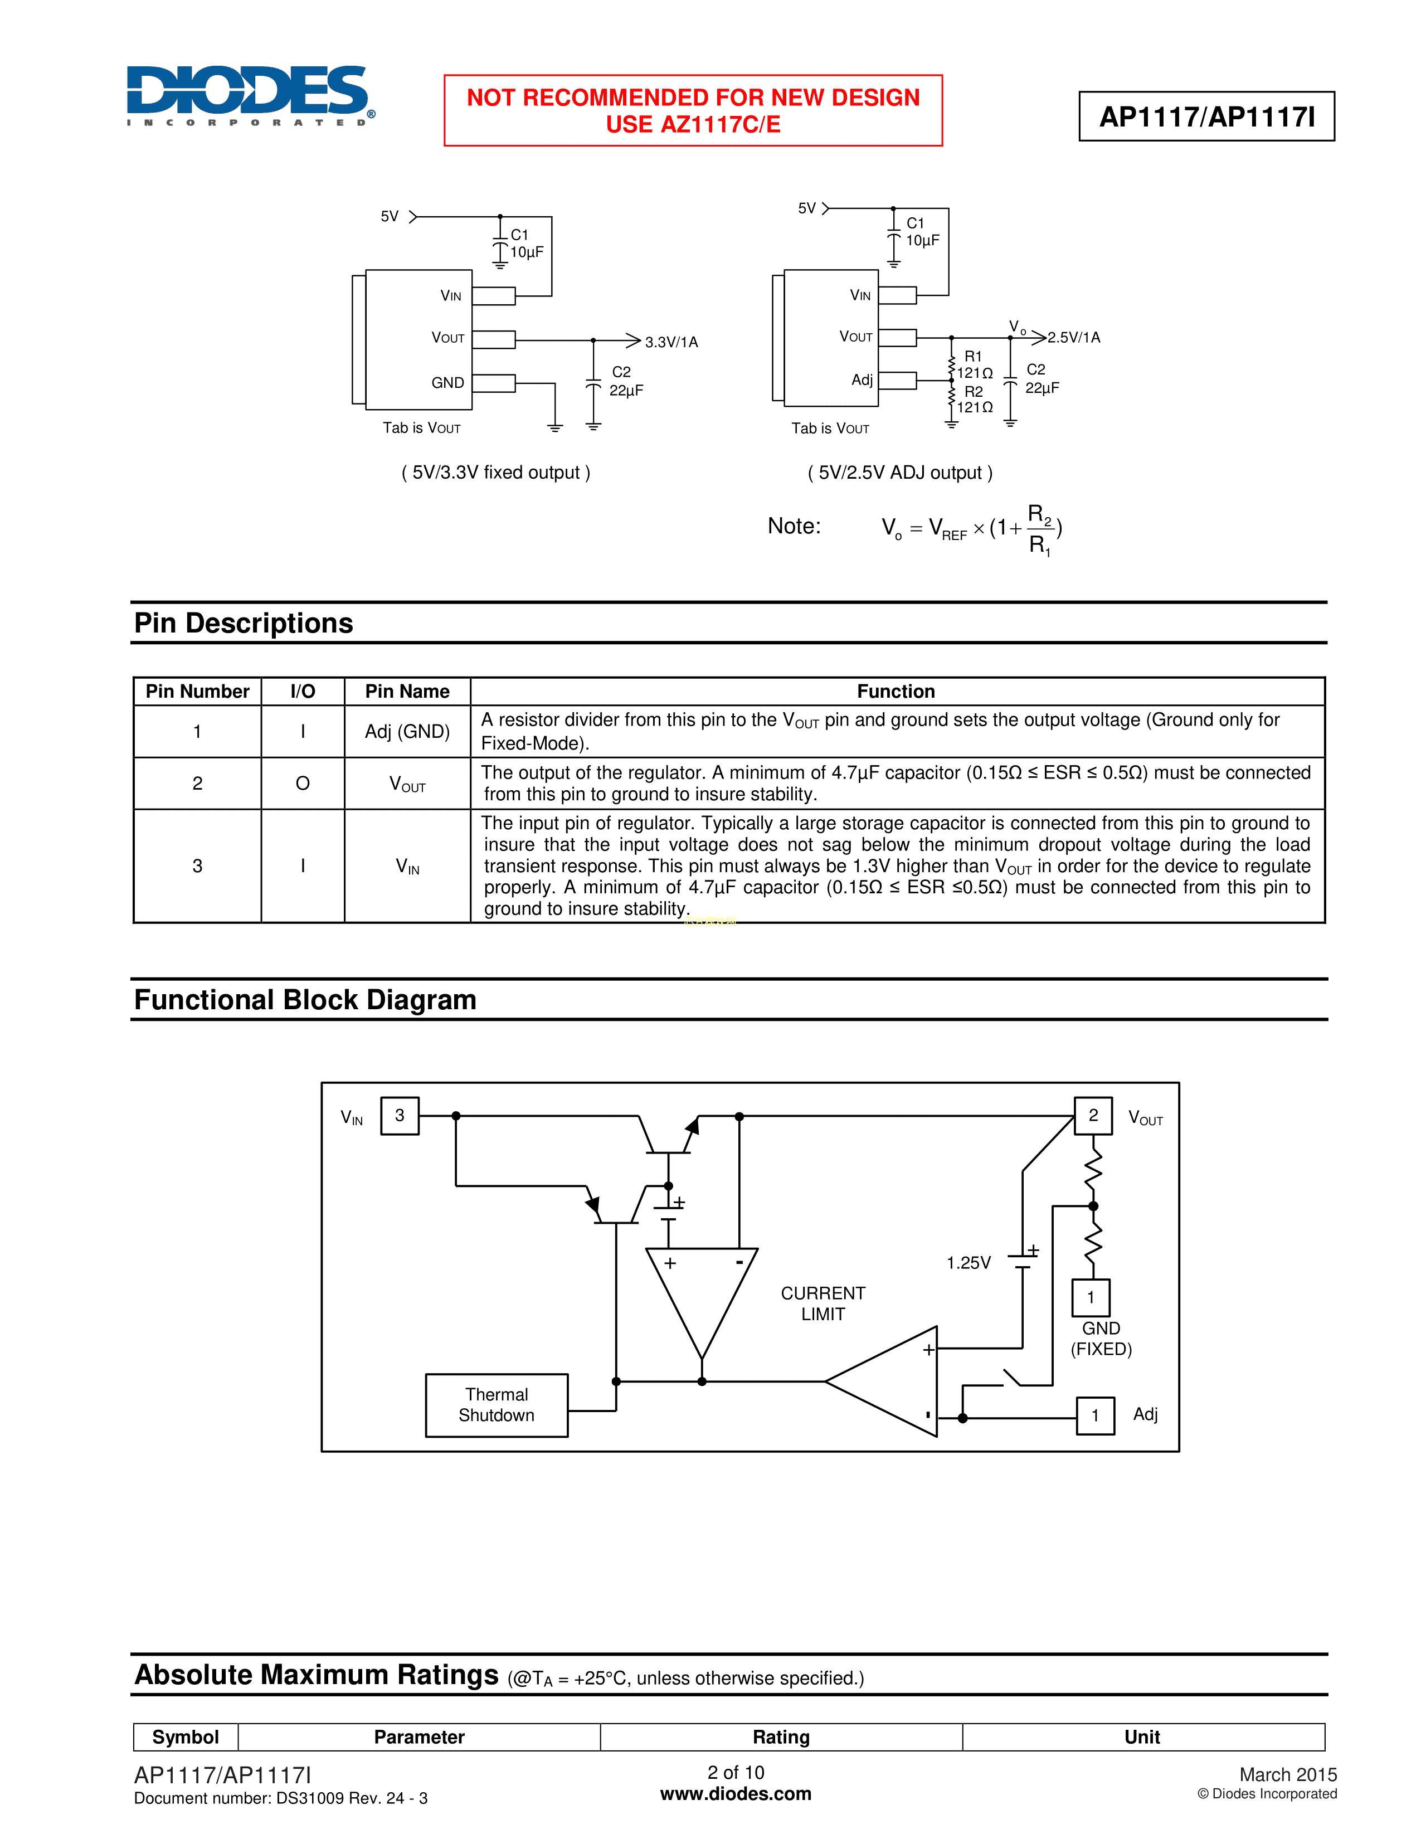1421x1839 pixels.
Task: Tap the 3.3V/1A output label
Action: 671,342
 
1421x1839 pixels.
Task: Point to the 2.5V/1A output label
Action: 1073,338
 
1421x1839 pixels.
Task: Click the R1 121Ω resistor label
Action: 974,364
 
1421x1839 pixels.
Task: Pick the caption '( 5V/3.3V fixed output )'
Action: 496,473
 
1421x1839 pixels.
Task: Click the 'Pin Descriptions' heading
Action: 244,623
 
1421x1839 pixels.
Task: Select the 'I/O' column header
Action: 302,692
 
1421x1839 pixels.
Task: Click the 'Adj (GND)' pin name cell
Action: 407,731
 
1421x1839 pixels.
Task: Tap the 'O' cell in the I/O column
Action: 302,783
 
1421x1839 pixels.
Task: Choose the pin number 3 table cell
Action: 197,865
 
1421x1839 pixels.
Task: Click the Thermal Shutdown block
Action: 497,1404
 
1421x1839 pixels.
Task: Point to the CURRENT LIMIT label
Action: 823,1303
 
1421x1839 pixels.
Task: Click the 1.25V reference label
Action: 968,1263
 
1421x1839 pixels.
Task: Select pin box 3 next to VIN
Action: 400,1116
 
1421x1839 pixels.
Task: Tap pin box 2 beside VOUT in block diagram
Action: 1093,1116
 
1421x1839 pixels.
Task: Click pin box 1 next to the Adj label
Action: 1095,1415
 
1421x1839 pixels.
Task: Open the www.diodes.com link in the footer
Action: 735,1793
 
